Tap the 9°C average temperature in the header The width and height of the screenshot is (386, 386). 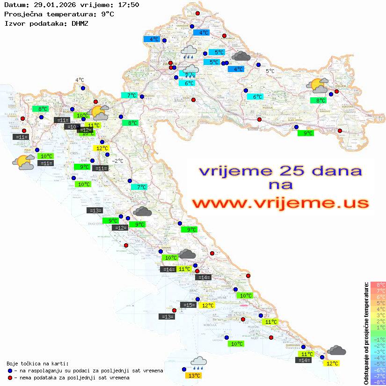click(107, 14)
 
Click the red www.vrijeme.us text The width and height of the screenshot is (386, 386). click(280, 203)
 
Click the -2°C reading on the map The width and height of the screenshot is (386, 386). click(117, 161)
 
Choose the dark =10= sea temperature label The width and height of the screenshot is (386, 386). click(72, 127)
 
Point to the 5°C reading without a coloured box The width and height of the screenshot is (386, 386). click(270, 71)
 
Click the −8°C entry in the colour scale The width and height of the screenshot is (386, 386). click(378, 382)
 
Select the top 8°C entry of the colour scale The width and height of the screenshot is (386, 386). click(378, 284)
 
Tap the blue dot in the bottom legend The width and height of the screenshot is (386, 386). click(10, 371)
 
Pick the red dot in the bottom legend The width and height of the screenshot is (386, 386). click(10, 378)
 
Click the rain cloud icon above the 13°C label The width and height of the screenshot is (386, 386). click(199, 361)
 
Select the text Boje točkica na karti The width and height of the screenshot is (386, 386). click(37, 364)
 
